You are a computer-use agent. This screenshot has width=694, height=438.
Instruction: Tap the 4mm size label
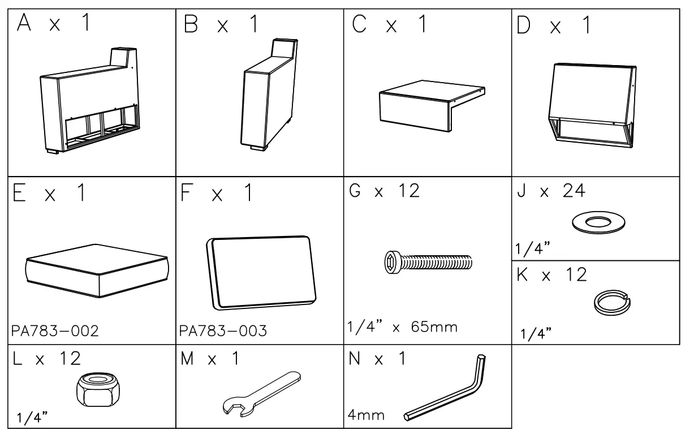tap(367, 416)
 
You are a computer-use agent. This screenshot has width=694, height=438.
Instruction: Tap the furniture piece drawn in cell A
tap(89, 108)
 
